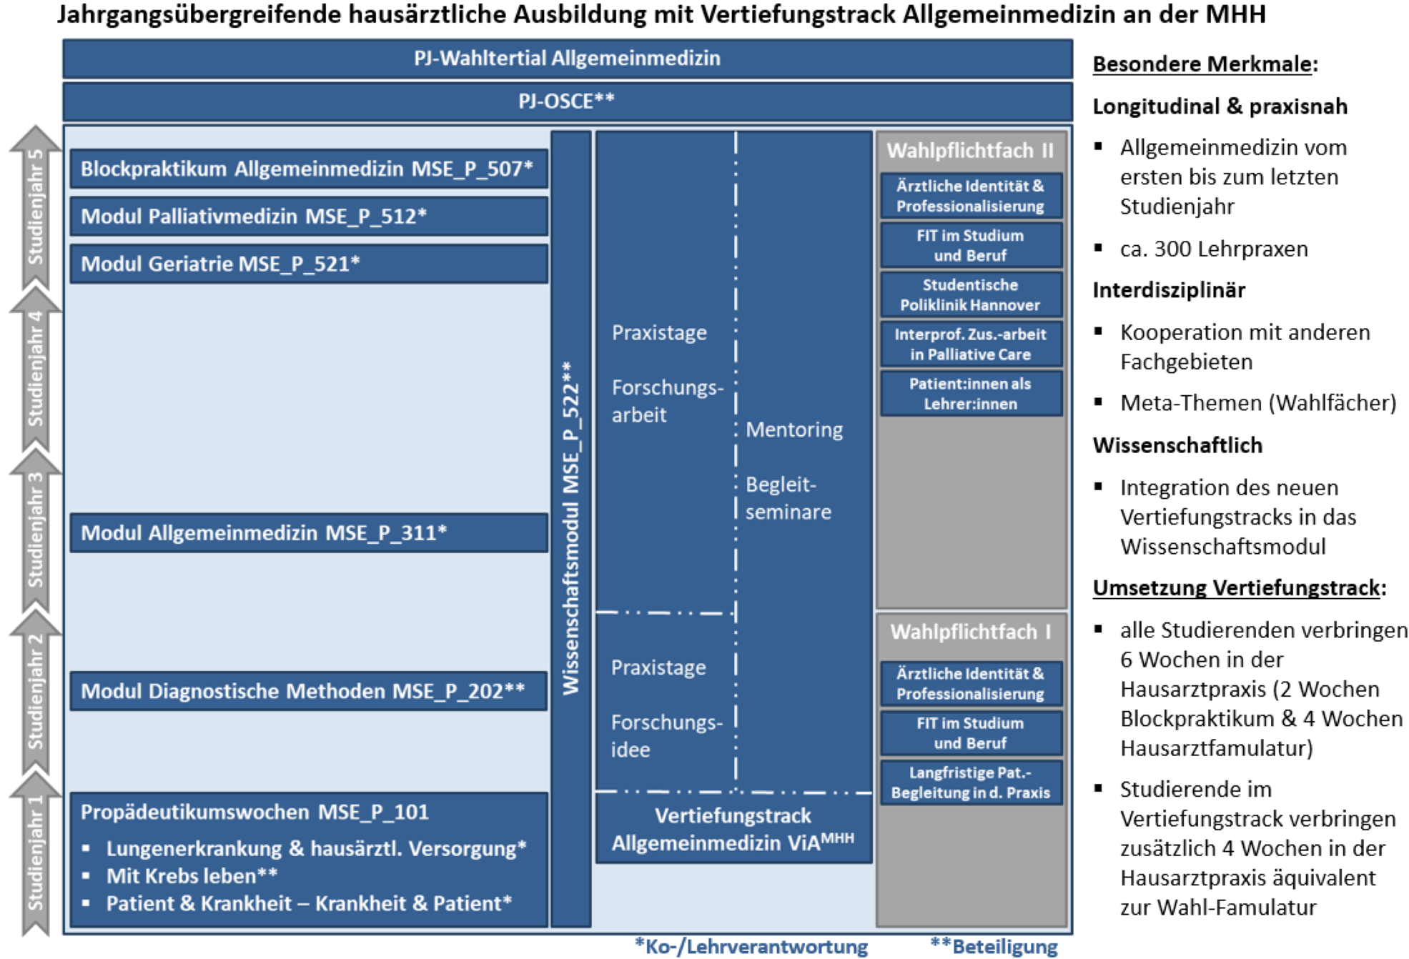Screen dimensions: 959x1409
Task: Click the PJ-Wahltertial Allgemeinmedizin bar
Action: click(567, 59)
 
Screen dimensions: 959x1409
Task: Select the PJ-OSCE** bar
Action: click(567, 101)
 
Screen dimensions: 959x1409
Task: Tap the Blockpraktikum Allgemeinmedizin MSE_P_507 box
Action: click(308, 169)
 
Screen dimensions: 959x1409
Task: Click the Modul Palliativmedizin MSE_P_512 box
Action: click(308, 217)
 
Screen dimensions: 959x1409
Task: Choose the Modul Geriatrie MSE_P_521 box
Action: click(308, 264)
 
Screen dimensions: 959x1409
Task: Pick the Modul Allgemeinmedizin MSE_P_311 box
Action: click(308, 533)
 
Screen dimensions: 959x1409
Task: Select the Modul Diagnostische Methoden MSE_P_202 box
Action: click(308, 691)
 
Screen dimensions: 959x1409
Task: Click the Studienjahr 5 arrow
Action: click(35, 207)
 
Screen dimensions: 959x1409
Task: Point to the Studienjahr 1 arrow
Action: click(35, 854)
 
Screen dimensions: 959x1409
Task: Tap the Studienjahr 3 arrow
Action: click(35, 531)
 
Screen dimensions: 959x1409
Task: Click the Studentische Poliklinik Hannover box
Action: click(970, 295)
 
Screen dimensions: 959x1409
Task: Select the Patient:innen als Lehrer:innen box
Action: click(970, 394)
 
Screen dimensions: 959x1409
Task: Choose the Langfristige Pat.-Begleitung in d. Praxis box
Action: click(970, 782)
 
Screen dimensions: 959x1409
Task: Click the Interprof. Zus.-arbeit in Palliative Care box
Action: click(970, 344)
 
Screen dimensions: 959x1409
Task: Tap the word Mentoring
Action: click(794, 429)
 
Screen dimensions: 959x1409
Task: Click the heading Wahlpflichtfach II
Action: click(970, 151)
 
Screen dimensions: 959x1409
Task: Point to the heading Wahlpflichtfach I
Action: click(970, 632)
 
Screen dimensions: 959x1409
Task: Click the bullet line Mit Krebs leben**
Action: click(192, 876)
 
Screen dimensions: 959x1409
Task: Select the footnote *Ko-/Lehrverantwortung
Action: click(751, 946)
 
